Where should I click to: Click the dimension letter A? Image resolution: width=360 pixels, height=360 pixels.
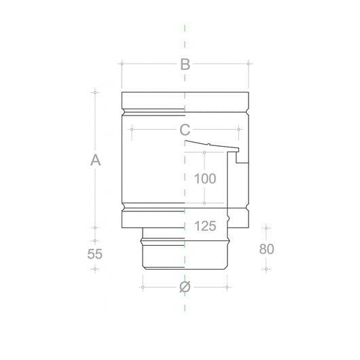[x=95, y=160]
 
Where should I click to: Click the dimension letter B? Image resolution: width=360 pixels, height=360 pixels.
[x=185, y=65]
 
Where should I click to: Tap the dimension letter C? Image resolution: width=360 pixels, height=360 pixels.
[x=185, y=130]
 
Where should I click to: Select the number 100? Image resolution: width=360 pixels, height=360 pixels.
[x=205, y=179]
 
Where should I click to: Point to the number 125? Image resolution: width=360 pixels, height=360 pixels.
[x=205, y=226]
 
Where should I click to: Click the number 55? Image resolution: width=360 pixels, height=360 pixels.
[x=94, y=254]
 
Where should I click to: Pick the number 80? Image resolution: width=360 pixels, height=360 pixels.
[x=266, y=249]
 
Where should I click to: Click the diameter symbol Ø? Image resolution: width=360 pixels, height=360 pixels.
[x=185, y=287]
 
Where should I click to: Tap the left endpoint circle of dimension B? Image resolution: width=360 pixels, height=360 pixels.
[x=122, y=64]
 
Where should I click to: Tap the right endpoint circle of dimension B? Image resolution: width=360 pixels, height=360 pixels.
[x=249, y=64]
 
